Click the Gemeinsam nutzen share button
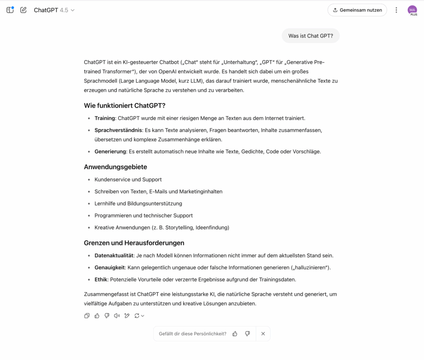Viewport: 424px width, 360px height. pyautogui.click(x=357, y=10)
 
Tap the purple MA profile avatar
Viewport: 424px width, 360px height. pyautogui.click(x=412, y=10)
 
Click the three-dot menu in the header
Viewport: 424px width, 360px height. pyautogui.click(x=396, y=10)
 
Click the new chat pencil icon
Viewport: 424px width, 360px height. pyautogui.click(x=23, y=10)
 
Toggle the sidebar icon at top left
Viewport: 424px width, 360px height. pyautogui.click(x=10, y=10)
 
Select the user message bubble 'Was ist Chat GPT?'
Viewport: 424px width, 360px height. pyautogui.click(x=311, y=36)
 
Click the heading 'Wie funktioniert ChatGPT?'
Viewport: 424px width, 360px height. pyautogui.click(x=125, y=105)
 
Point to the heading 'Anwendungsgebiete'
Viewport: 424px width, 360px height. pyautogui.click(x=116, y=167)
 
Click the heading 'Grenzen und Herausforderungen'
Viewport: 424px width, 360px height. pyautogui.click(x=134, y=243)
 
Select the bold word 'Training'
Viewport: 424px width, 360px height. pyautogui.click(x=104, y=118)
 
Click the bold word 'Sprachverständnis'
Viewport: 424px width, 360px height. pyautogui.click(x=118, y=130)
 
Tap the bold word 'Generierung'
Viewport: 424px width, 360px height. pyautogui.click(x=110, y=152)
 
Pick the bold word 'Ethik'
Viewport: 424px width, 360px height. pyautogui.click(x=101, y=280)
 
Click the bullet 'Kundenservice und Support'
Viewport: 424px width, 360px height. pyautogui.click(x=128, y=179)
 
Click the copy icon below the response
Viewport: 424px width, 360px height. pyautogui.click(x=87, y=316)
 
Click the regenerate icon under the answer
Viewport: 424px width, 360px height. pyautogui.click(x=137, y=316)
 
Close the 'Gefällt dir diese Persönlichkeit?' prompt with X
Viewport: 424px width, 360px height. pyautogui.click(x=263, y=333)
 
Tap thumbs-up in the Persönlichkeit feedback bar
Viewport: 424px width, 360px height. pyautogui.click(x=235, y=333)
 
